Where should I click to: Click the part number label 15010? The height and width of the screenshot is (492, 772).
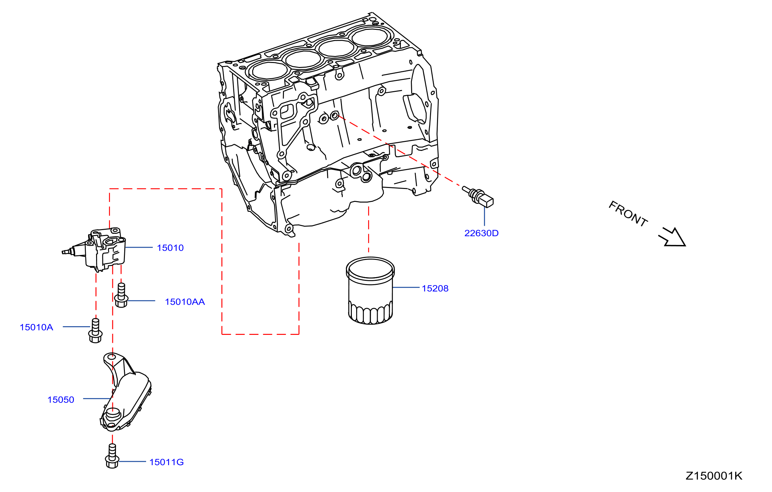pos(170,248)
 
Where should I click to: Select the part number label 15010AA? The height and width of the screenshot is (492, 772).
pos(185,302)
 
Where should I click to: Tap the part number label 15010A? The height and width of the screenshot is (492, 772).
pos(36,327)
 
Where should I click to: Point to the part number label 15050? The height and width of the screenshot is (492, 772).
pos(61,400)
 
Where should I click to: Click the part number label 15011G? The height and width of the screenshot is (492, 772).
pos(167,462)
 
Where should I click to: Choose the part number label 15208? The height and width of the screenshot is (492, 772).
pos(435,288)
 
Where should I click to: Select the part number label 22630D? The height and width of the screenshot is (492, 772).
pos(481,233)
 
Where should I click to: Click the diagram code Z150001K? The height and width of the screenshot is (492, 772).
pos(714,476)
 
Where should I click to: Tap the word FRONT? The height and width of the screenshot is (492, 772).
pos(628,214)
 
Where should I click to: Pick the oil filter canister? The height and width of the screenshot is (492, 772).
pos(370,291)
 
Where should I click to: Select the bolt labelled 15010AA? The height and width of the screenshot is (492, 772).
pos(121,295)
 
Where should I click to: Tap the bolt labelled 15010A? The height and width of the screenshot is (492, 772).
pos(95,331)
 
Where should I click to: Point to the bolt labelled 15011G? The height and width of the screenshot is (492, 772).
pos(112,456)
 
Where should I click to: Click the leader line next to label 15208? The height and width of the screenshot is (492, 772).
pos(406,287)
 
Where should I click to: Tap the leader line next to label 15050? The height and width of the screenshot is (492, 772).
pos(97,399)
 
